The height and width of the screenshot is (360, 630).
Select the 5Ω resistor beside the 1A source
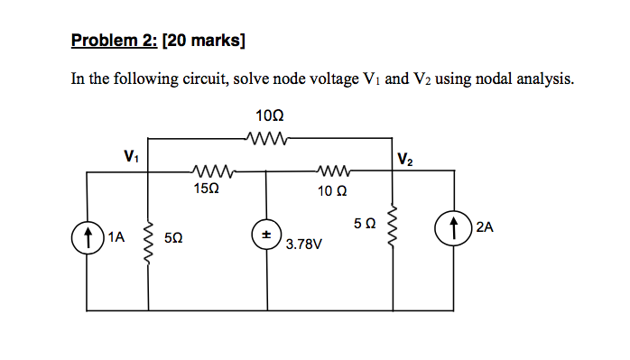click(148, 238)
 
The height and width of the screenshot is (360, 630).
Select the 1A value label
click(116, 238)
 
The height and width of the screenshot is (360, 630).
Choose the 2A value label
click(484, 228)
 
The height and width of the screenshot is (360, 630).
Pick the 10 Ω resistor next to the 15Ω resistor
click(333, 171)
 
